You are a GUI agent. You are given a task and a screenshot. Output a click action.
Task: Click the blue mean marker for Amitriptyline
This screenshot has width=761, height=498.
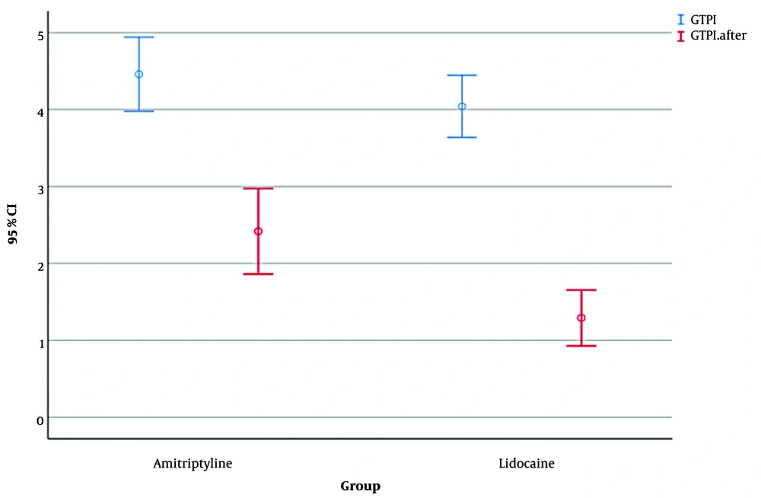139,74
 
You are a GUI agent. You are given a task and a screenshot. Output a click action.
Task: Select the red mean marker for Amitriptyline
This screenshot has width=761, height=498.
258,231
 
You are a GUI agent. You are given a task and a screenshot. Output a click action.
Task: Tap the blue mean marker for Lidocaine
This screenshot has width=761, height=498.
462,106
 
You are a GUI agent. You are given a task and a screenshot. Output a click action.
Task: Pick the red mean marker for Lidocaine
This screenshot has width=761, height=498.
581,318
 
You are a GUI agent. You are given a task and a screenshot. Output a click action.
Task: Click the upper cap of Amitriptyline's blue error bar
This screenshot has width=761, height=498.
139,37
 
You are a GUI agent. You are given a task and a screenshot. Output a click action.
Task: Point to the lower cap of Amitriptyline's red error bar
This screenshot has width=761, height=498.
258,273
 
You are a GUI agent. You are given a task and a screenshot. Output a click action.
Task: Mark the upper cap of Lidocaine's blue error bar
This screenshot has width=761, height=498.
462,75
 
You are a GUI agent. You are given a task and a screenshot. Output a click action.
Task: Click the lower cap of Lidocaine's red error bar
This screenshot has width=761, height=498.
581,346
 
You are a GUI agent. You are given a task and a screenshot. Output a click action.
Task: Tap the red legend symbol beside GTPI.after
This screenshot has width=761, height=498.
680,35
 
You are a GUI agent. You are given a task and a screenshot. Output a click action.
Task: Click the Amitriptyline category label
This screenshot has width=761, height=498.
193,463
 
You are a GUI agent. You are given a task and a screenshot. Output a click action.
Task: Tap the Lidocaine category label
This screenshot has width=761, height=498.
527,463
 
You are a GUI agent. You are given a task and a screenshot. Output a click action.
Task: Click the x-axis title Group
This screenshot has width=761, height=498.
360,486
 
